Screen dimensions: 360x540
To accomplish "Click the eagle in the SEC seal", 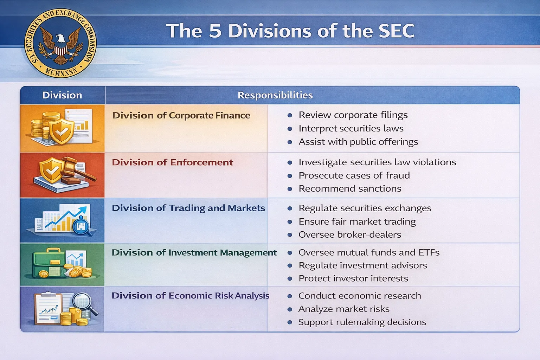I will tap(60, 44).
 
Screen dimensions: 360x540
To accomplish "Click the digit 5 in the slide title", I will tap(215, 31).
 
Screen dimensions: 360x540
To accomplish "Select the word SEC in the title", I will tap(396, 31).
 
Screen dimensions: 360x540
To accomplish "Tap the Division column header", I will tap(62, 95).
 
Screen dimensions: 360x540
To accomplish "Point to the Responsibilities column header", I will tap(275, 95).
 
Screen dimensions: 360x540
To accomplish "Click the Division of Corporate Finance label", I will tap(181, 115).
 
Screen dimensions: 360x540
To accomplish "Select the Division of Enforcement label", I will tap(172, 162).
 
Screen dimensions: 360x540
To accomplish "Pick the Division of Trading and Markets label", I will tap(188, 208).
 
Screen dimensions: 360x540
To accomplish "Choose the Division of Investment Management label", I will tap(194, 252).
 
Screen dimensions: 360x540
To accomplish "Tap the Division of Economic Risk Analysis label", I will tap(190, 296).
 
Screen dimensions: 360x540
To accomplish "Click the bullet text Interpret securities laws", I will tap(351, 128).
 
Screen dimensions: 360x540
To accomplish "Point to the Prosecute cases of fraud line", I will tap(354, 175).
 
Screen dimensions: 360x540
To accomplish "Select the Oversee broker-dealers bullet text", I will tap(350, 234).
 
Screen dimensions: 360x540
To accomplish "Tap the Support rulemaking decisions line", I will tap(362, 322).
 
